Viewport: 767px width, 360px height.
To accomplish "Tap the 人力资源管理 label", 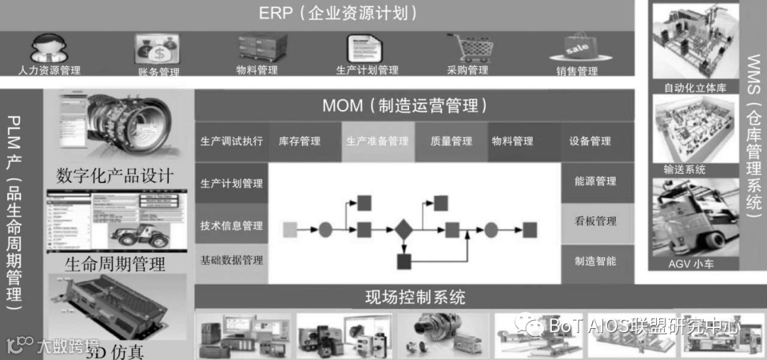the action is pyautogui.click(x=50, y=70).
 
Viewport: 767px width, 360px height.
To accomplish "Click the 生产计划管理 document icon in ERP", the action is pyautogui.click(x=366, y=49).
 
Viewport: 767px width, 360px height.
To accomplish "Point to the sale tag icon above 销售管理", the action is pyautogui.click(x=576, y=48).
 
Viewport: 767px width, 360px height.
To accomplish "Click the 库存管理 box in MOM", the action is pyautogui.click(x=300, y=141).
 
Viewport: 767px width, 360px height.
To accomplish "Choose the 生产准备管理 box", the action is pyautogui.click(x=377, y=141).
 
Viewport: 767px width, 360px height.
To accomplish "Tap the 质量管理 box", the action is pyautogui.click(x=451, y=141).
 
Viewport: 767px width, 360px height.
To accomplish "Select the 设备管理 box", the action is pyautogui.click(x=589, y=141).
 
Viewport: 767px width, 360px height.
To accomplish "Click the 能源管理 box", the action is pyautogui.click(x=595, y=182).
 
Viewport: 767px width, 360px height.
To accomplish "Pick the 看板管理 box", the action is pyautogui.click(x=595, y=221).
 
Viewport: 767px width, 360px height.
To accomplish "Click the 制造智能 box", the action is pyautogui.click(x=595, y=261).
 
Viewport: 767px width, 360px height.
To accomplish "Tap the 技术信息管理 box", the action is pyautogui.click(x=232, y=226).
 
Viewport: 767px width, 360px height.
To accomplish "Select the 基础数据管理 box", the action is pyautogui.click(x=232, y=260).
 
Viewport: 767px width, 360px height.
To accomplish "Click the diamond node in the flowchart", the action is pyautogui.click(x=403, y=229).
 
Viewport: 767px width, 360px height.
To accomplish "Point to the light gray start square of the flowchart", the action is pyautogui.click(x=290, y=229).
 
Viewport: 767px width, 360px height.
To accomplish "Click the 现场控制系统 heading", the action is pyautogui.click(x=415, y=296).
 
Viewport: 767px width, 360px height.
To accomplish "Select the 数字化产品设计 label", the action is pyautogui.click(x=115, y=175).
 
